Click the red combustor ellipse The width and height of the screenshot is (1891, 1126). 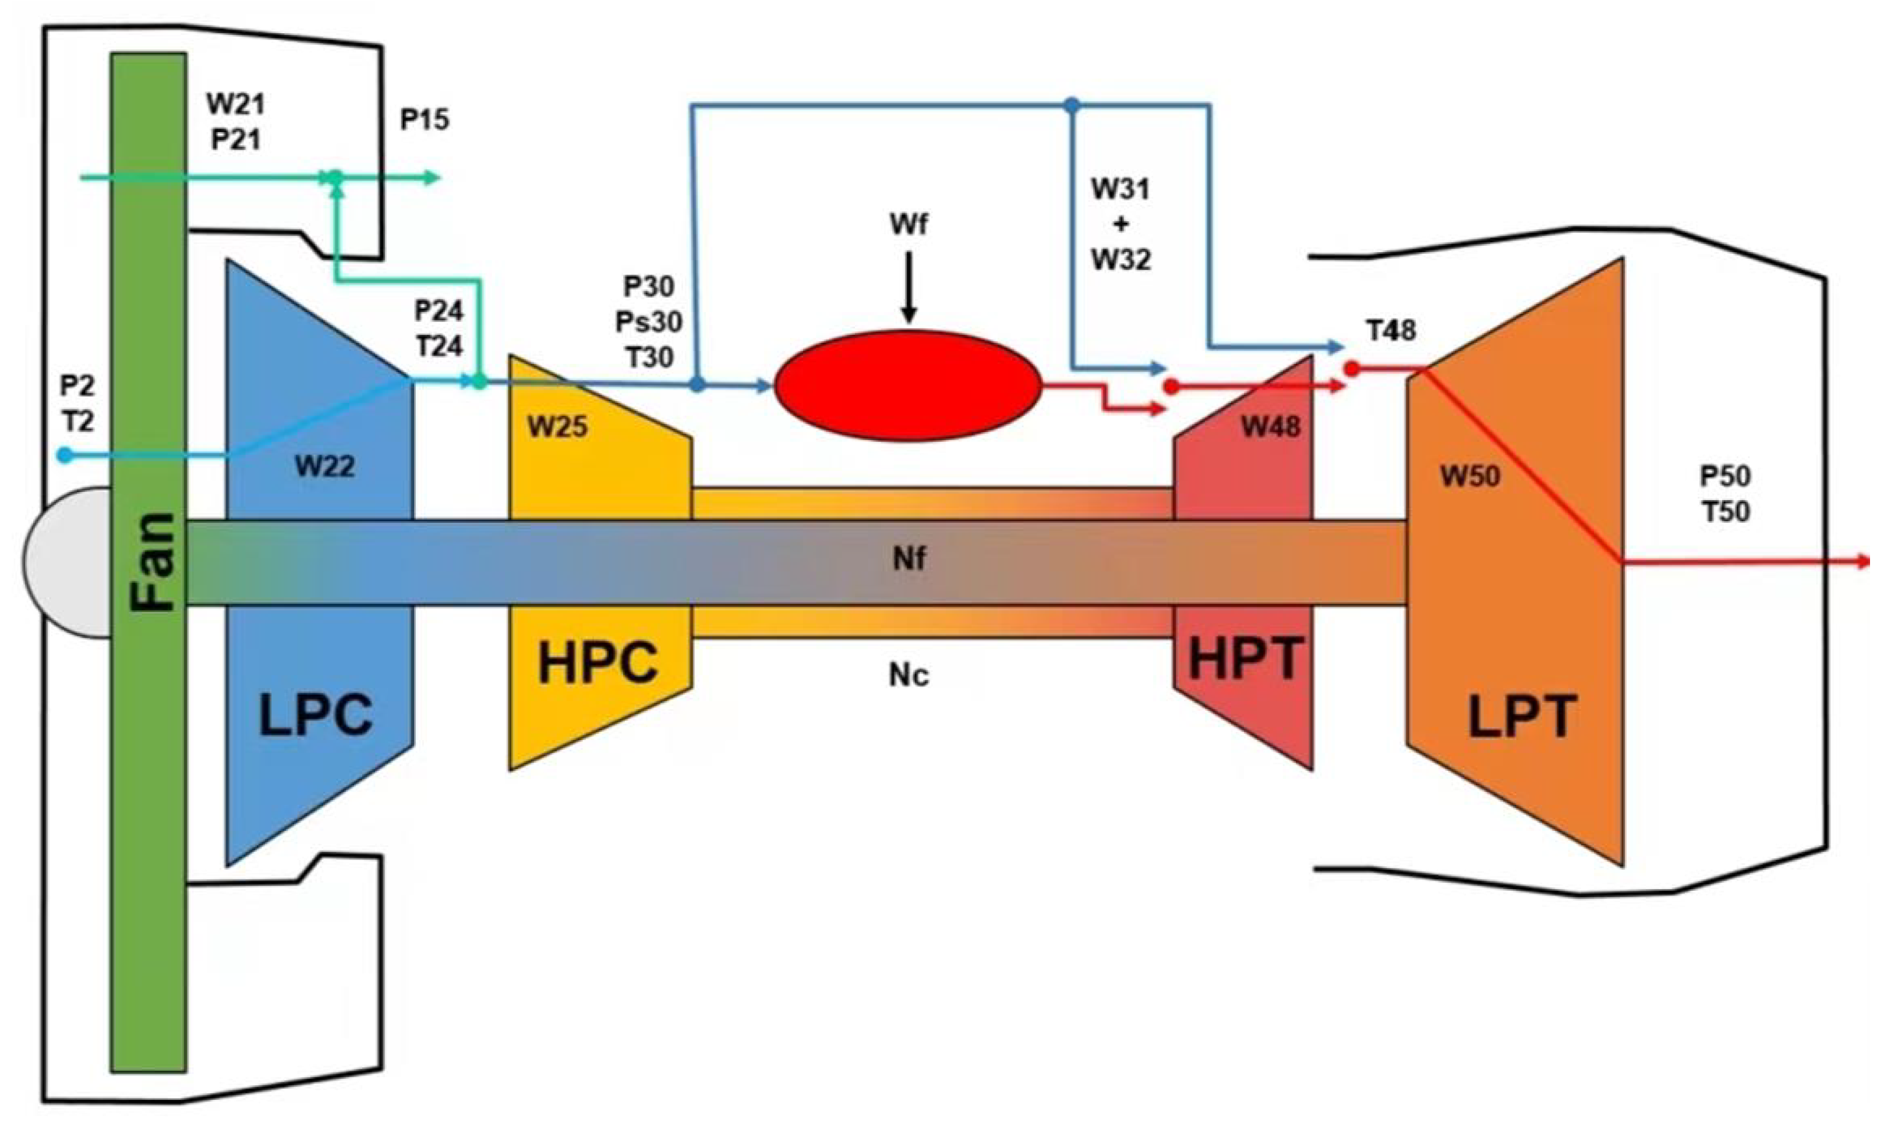pos(907,385)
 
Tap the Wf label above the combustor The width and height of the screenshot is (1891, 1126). pos(909,225)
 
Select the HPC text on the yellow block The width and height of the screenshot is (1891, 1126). pos(598,663)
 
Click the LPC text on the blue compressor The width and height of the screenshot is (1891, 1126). pos(316,715)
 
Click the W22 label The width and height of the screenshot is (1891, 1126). pos(325,466)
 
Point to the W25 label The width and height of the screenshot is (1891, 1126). pos(558,427)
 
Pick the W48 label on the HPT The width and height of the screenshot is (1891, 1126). pos(1270,427)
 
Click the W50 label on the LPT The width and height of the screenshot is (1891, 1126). pos(1471,476)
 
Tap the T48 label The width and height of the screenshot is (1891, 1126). pos(1391,331)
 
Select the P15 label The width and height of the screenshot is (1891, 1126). pos(425,119)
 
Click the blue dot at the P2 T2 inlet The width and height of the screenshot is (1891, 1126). pos(65,455)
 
